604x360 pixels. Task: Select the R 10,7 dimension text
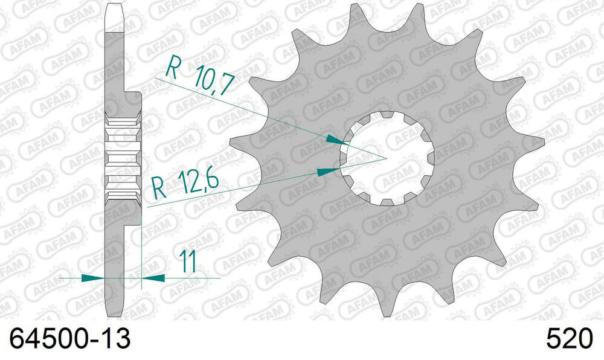pos(199,79)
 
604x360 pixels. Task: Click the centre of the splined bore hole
pos(387,158)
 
